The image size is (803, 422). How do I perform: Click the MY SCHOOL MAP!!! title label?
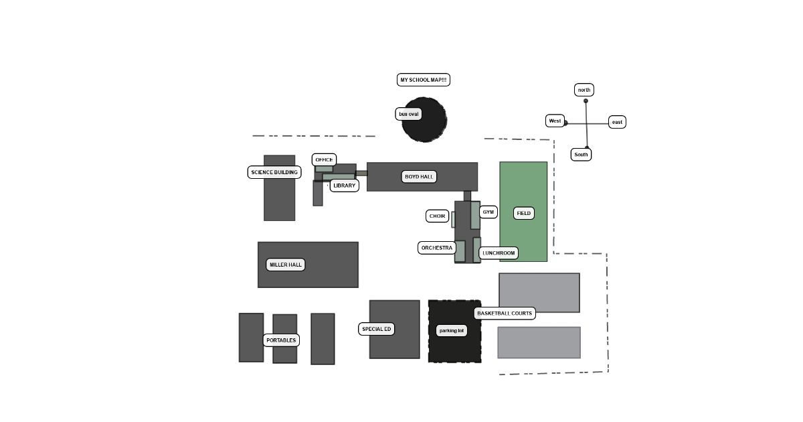[423, 80]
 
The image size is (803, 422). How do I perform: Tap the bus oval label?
[408, 114]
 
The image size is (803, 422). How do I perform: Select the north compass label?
[584, 90]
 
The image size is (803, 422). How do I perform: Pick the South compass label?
[581, 155]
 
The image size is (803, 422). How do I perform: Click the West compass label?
[555, 121]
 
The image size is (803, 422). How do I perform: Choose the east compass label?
[617, 122]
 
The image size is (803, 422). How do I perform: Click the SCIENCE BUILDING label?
[274, 172]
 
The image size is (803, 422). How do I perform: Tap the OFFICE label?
[324, 159]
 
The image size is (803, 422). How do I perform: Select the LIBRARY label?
[345, 186]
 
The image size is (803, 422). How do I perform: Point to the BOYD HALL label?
[420, 177]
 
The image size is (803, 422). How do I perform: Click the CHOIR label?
[438, 216]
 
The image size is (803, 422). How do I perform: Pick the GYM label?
[488, 212]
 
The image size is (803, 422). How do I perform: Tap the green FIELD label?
[523, 213]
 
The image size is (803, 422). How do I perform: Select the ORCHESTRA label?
[436, 248]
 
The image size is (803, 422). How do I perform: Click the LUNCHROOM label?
[499, 253]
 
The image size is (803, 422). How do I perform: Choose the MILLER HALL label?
[286, 265]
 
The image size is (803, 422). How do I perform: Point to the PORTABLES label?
[281, 340]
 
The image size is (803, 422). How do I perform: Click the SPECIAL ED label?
[377, 329]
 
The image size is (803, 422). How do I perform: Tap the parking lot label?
[451, 330]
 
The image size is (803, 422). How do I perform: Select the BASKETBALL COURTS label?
[505, 313]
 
